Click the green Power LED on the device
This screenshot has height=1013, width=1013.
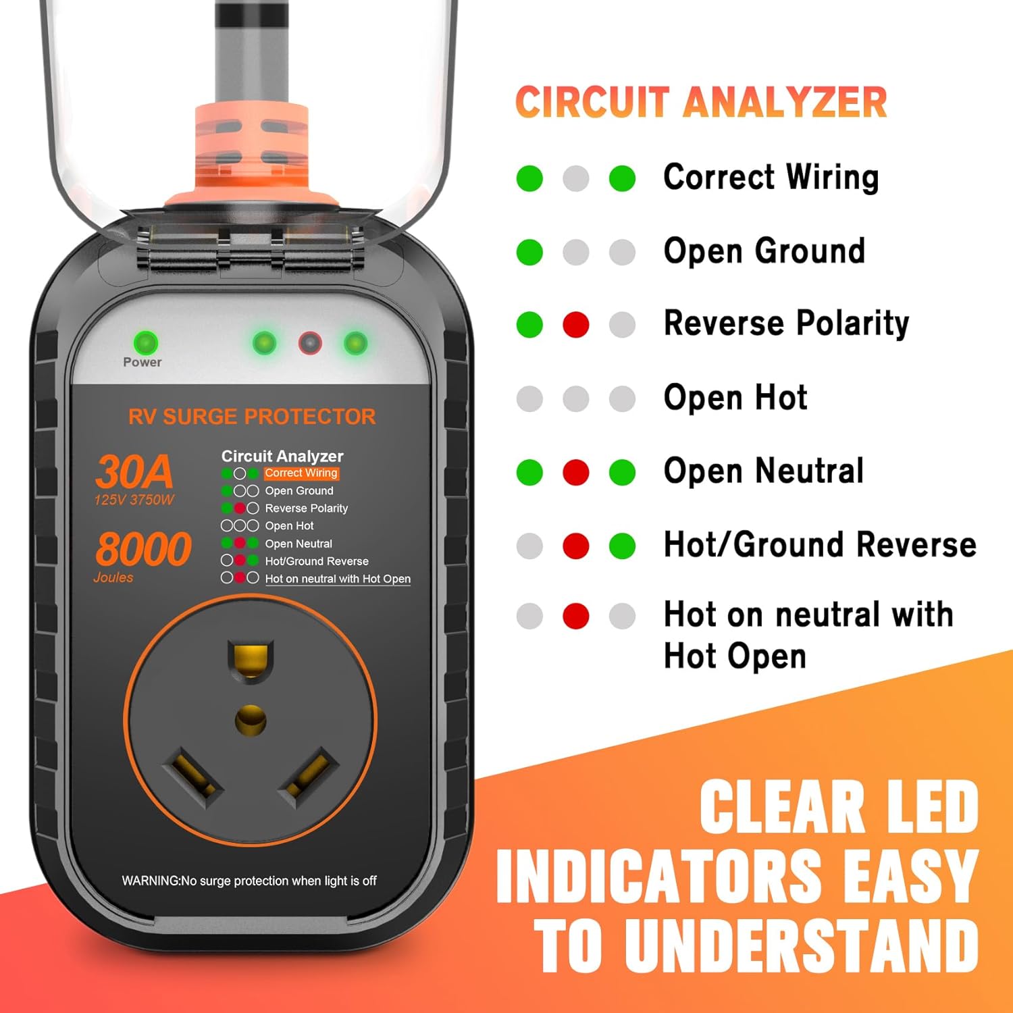pyautogui.click(x=145, y=343)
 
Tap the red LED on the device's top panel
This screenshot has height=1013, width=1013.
pyautogui.click(x=310, y=343)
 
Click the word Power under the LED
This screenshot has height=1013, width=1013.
pyautogui.click(x=142, y=363)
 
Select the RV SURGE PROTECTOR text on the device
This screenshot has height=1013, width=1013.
pyautogui.click(x=252, y=417)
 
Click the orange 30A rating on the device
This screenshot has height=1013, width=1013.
pyautogui.click(x=134, y=471)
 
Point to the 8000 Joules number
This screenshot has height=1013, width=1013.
pyautogui.click(x=143, y=548)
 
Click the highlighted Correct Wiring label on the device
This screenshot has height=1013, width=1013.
pyautogui.click(x=301, y=473)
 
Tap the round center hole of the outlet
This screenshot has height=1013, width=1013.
pyautogui.click(x=251, y=721)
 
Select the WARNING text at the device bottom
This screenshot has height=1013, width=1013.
pyautogui.click(x=249, y=881)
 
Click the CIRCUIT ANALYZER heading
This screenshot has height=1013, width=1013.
pyautogui.click(x=701, y=103)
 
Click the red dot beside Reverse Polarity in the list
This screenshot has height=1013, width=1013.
pyautogui.click(x=575, y=325)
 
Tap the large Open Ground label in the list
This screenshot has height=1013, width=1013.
pyautogui.click(x=764, y=251)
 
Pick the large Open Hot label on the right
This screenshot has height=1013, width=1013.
pyautogui.click(x=735, y=398)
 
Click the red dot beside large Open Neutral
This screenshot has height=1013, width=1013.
pyautogui.click(x=575, y=472)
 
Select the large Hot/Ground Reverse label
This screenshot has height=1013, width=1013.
pyautogui.click(x=820, y=545)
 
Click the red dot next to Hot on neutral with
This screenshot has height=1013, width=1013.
pyautogui.click(x=575, y=616)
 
